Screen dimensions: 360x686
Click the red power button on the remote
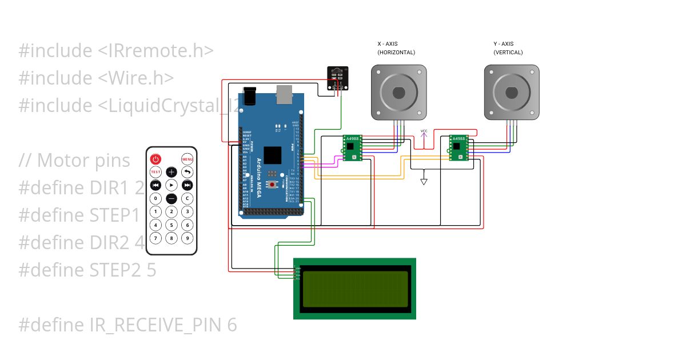pyautogui.click(x=155, y=159)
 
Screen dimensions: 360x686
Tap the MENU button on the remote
pyautogui.click(x=187, y=159)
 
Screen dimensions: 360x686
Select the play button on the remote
pyautogui.click(x=171, y=185)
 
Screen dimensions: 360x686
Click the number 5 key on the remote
pyautogui.click(x=171, y=225)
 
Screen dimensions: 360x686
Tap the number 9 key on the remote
pyautogui.click(x=187, y=238)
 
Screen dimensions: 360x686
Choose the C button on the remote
pyautogui.click(x=187, y=199)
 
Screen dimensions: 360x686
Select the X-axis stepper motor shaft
pyautogui.click(x=399, y=92)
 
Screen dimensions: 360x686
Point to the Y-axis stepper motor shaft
pyautogui.click(x=512, y=92)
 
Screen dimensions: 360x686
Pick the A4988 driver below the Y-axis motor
pyautogui.click(x=459, y=148)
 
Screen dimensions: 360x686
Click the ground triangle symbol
pyautogui.click(x=424, y=181)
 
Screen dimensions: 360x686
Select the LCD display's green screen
pyautogui.click(x=354, y=289)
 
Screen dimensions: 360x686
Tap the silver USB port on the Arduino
pyautogui.click(x=284, y=95)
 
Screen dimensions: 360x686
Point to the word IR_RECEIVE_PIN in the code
pyautogui.click(x=157, y=325)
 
